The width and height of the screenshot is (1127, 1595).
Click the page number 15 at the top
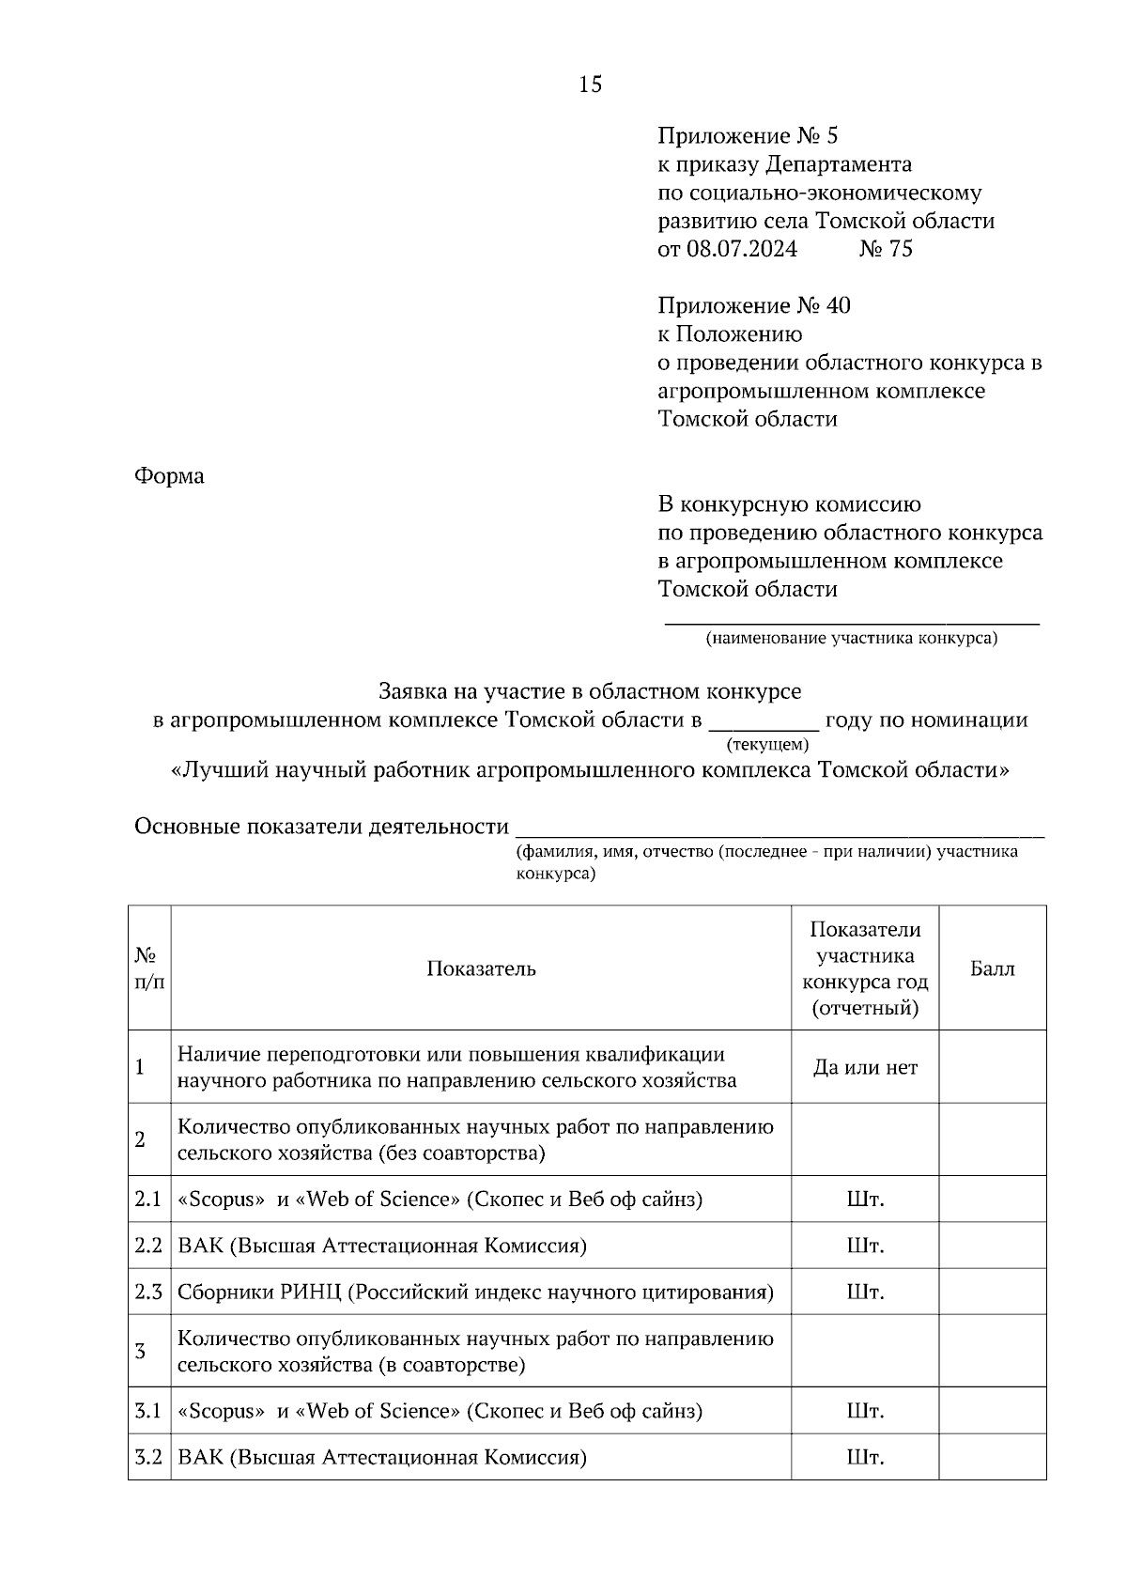[591, 85]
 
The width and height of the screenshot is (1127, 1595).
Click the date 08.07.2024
[741, 249]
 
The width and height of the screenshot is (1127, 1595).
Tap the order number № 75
[886, 249]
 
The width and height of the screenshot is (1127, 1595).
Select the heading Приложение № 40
[754, 305]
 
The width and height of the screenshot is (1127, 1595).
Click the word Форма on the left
[169, 476]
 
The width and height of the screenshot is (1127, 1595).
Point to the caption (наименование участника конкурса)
[852, 639]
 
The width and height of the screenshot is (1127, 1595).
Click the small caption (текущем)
[767, 745]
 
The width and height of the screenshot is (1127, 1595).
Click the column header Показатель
[481, 968]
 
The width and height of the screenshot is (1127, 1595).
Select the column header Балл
[992, 968]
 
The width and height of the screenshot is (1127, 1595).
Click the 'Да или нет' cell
[865, 1067]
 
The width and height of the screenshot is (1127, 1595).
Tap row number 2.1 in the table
[148, 1200]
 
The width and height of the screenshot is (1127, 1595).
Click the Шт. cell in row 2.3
[865, 1292]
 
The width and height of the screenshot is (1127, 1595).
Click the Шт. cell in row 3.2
[865, 1458]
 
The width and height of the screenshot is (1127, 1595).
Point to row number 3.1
[148, 1411]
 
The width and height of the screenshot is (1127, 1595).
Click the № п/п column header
[148, 968]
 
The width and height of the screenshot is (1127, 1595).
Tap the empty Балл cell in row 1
[992, 1067]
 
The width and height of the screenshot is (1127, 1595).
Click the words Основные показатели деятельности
[321, 827]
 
